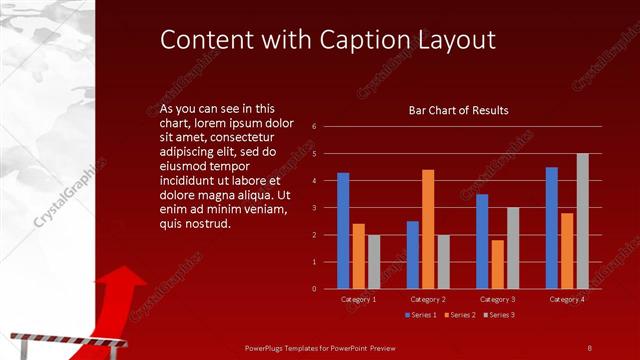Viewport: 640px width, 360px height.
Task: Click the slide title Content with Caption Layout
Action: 328,39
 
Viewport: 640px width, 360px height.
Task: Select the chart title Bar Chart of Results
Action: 458,110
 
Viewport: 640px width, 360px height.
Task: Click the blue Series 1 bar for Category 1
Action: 343,231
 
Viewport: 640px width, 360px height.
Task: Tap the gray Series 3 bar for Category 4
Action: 582,221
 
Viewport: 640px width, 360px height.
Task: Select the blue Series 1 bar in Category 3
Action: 482,241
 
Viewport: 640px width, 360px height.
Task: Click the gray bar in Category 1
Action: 374,262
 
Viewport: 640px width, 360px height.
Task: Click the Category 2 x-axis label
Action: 428,299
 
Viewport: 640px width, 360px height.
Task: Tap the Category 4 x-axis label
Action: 567,299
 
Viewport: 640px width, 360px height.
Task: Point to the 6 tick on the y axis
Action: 314,127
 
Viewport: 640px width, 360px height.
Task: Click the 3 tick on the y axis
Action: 314,208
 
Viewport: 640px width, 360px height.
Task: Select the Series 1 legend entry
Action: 420,315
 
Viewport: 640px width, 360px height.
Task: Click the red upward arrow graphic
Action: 116,300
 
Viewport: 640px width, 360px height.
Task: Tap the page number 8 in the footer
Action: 589,347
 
